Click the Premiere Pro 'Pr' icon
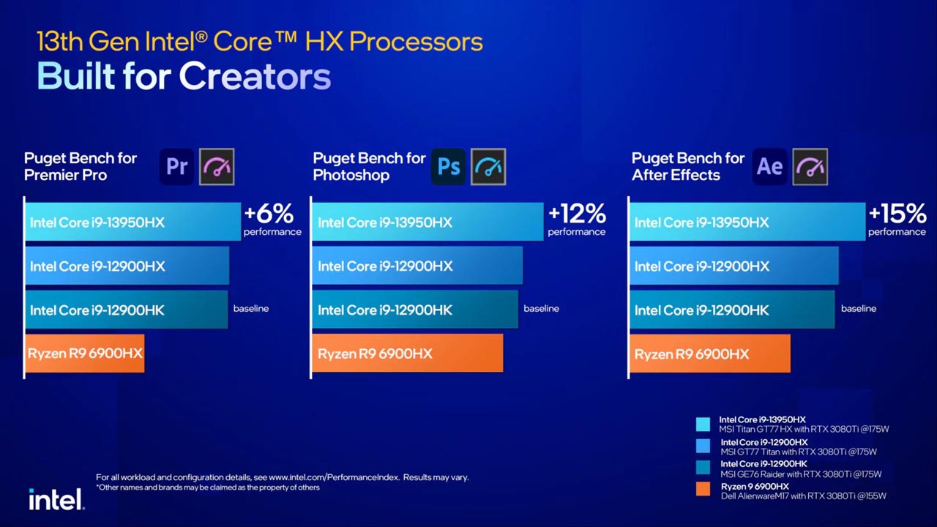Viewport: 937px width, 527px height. (x=176, y=166)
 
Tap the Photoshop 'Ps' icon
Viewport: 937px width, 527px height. (x=449, y=166)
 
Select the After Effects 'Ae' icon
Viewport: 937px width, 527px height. (x=769, y=166)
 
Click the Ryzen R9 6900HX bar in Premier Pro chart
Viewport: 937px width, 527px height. (x=85, y=354)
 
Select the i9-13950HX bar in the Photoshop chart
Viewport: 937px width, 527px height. (x=428, y=222)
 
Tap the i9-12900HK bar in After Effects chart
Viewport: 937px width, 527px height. (x=732, y=310)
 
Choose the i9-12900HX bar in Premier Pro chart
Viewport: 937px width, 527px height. (x=127, y=266)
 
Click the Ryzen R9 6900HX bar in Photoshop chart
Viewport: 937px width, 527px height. (x=408, y=354)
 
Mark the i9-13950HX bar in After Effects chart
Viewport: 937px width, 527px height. (x=747, y=222)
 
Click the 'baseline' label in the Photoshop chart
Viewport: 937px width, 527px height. (x=541, y=309)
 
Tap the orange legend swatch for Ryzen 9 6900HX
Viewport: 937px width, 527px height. (x=703, y=489)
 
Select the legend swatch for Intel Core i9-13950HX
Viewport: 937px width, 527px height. (x=703, y=425)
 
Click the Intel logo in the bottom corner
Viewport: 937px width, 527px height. (x=56, y=499)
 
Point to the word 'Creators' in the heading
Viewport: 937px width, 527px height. (x=255, y=77)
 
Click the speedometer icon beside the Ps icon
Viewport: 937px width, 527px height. (x=488, y=166)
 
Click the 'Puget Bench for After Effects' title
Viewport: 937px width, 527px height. (x=687, y=166)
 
